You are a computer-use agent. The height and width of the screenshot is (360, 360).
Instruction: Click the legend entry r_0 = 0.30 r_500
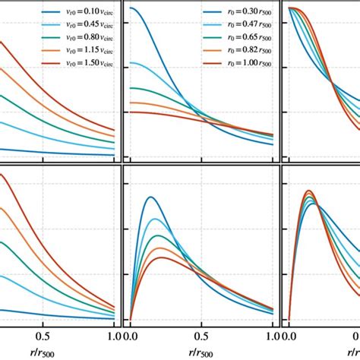tap(237, 13)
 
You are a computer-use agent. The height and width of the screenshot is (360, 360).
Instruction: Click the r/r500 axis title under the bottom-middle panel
tap(201, 350)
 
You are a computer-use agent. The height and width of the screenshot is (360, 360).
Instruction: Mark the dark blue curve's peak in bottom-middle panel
tap(151, 197)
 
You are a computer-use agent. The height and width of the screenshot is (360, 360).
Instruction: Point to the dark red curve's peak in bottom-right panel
tap(308, 191)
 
